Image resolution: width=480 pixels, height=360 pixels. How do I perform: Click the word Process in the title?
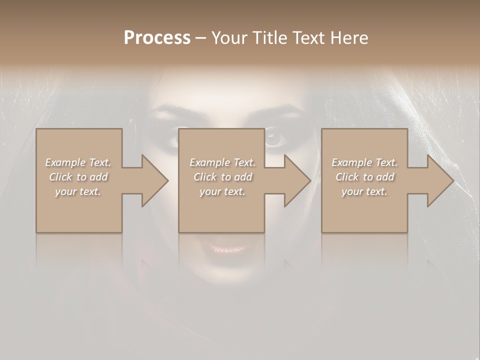[x=157, y=37]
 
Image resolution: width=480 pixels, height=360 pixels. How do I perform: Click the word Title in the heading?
[x=269, y=37]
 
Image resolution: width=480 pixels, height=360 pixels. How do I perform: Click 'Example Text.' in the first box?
[x=78, y=162]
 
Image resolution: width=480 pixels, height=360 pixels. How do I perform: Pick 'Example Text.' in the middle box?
[x=222, y=162]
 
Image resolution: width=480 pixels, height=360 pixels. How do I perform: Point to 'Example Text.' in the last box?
[x=364, y=162]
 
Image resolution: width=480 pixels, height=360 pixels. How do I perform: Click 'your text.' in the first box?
[x=78, y=191]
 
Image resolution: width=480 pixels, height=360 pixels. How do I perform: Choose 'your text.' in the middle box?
[x=222, y=191]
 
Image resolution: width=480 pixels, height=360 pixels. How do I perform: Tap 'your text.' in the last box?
[x=364, y=191]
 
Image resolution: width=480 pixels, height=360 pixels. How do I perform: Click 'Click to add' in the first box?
[x=78, y=177]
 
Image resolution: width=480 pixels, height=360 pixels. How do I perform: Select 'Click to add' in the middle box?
[x=222, y=177]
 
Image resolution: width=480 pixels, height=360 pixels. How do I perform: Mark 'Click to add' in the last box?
[x=364, y=177]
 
